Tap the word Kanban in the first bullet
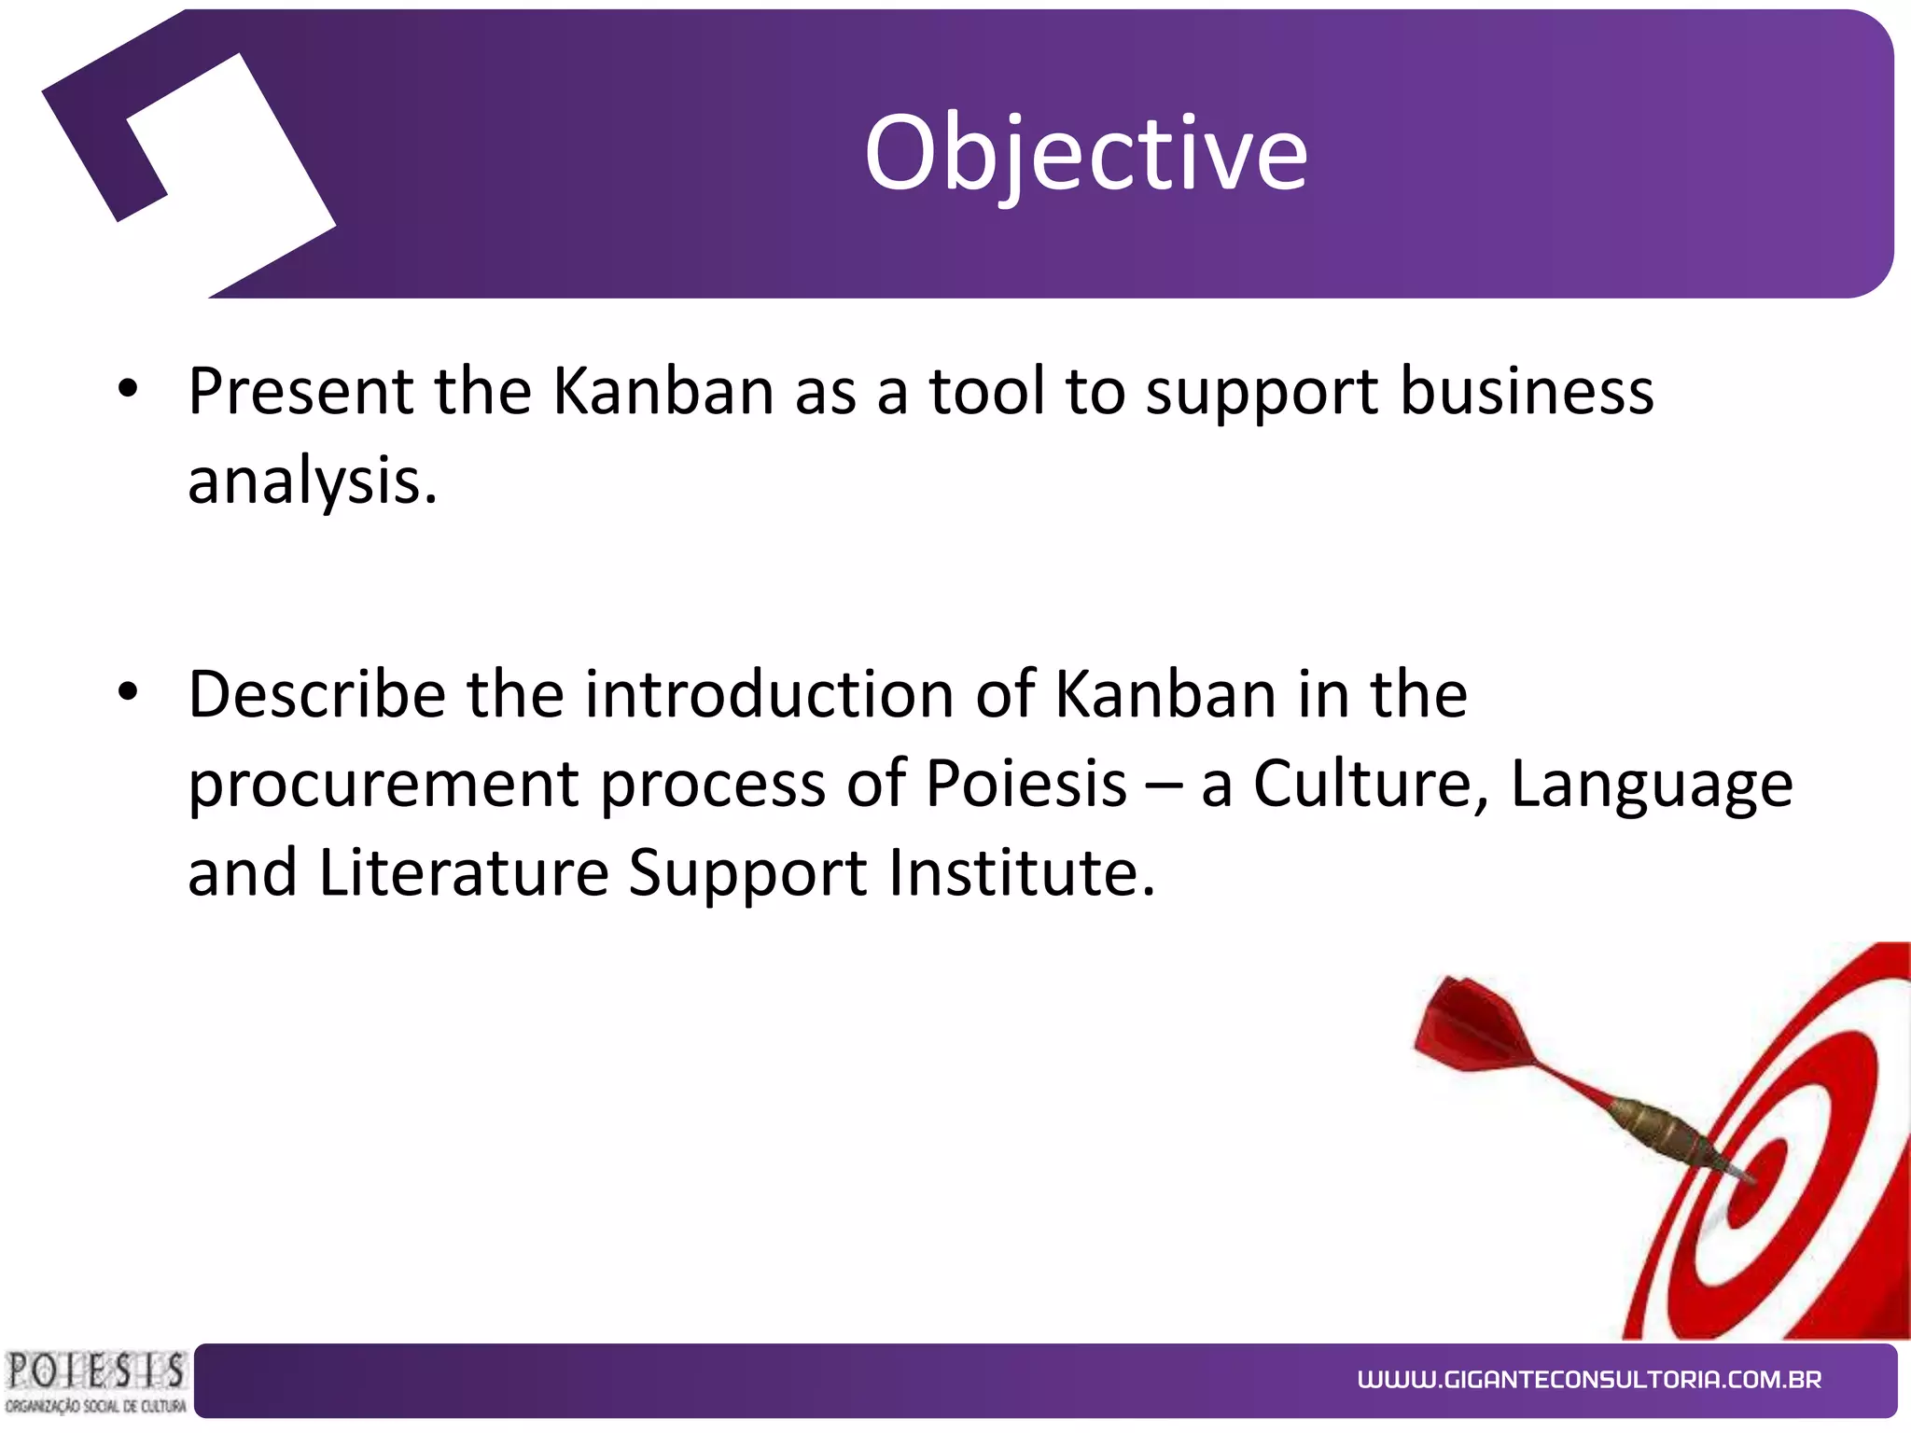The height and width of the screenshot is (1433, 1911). (x=663, y=391)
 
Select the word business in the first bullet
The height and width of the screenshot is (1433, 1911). (x=1527, y=391)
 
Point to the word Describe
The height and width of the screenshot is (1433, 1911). (x=316, y=695)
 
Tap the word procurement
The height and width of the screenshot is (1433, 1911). (x=383, y=785)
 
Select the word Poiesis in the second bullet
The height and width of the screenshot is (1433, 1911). (x=1025, y=783)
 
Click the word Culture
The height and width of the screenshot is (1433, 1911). (x=1370, y=783)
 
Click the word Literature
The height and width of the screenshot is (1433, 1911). (x=464, y=873)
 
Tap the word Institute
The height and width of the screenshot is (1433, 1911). (x=1021, y=873)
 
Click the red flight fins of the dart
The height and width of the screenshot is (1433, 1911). (x=1474, y=1026)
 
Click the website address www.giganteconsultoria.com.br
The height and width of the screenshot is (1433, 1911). (x=1589, y=1380)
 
